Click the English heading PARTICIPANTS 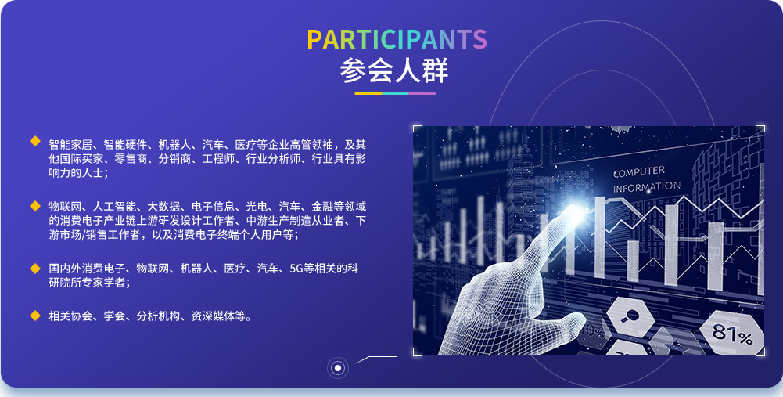pyautogui.click(x=397, y=39)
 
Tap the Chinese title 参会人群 pyautogui.click(x=394, y=71)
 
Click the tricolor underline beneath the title pyautogui.click(x=395, y=93)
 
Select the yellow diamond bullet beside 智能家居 pyautogui.click(x=35, y=141)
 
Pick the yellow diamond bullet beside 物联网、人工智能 pyautogui.click(x=35, y=205)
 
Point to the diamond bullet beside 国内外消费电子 pyautogui.click(x=35, y=269)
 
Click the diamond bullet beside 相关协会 pyautogui.click(x=35, y=316)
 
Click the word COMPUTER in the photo pyautogui.click(x=639, y=172)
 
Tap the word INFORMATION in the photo pyautogui.click(x=647, y=187)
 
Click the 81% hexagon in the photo pyautogui.click(x=731, y=333)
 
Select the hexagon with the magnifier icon pyautogui.click(x=630, y=316)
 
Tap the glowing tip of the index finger pyautogui.click(x=574, y=210)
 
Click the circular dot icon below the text pyautogui.click(x=338, y=369)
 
